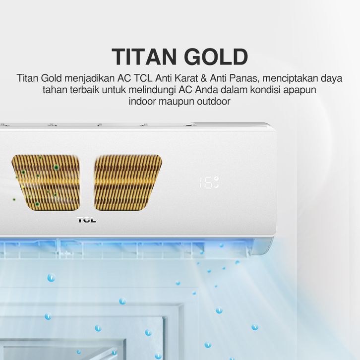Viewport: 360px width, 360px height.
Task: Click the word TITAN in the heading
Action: click(144, 57)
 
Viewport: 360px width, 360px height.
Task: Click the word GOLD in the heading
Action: click(216, 57)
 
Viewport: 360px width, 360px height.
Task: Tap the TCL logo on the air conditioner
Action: click(86, 220)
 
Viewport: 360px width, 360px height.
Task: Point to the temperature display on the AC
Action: click(209, 182)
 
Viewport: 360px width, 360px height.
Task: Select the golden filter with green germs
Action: click(46, 182)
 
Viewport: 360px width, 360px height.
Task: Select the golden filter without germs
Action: click(128, 182)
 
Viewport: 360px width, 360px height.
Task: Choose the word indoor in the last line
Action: click(142, 101)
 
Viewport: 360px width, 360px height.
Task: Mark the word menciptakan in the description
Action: click(290, 78)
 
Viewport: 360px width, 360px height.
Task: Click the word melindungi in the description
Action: click(152, 90)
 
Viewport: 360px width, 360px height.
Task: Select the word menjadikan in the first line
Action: click(90, 78)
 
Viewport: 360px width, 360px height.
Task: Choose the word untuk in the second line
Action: click(114, 90)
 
